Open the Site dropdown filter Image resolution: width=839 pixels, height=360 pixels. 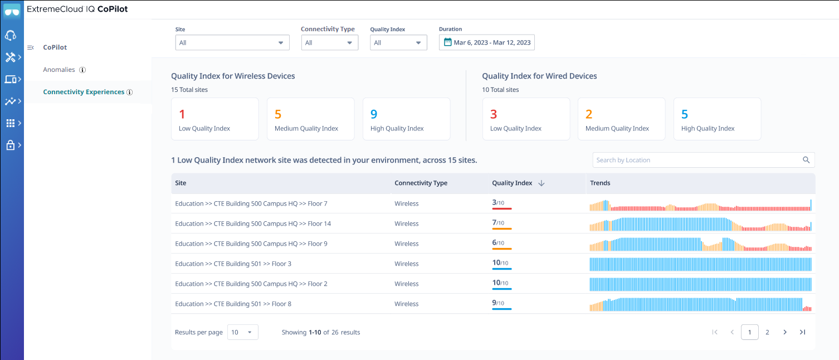[232, 43]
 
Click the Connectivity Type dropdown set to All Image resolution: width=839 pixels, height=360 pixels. [329, 43]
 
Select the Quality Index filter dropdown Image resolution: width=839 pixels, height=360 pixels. [398, 43]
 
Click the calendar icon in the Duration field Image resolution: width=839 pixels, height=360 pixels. [447, 42]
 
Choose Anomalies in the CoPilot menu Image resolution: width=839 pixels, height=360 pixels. [59, 70]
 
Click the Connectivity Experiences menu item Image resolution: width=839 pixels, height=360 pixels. [84, 92]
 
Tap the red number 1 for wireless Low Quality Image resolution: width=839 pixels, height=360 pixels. [182, 115]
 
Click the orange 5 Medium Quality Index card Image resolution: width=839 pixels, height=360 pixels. [310, 119]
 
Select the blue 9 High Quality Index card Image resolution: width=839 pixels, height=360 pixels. [406, 119]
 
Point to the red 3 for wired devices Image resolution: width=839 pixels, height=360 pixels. [494, 115]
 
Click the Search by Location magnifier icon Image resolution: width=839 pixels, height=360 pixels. [806, 160]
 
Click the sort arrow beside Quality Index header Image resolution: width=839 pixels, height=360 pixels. [542, 183]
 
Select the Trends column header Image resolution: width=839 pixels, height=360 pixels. [600, 183]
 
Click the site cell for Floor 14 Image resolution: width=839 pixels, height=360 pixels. [253, 223]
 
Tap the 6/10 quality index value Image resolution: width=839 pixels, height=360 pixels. [498, 244]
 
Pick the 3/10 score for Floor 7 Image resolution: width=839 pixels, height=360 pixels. [498, 203]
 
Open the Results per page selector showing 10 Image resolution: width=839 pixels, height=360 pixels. [242, 332]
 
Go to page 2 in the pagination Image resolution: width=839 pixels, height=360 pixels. [767, 332]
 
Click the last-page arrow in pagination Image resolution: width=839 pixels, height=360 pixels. [802, 332]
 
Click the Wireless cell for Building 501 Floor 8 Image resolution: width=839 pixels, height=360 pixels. [406, 304]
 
